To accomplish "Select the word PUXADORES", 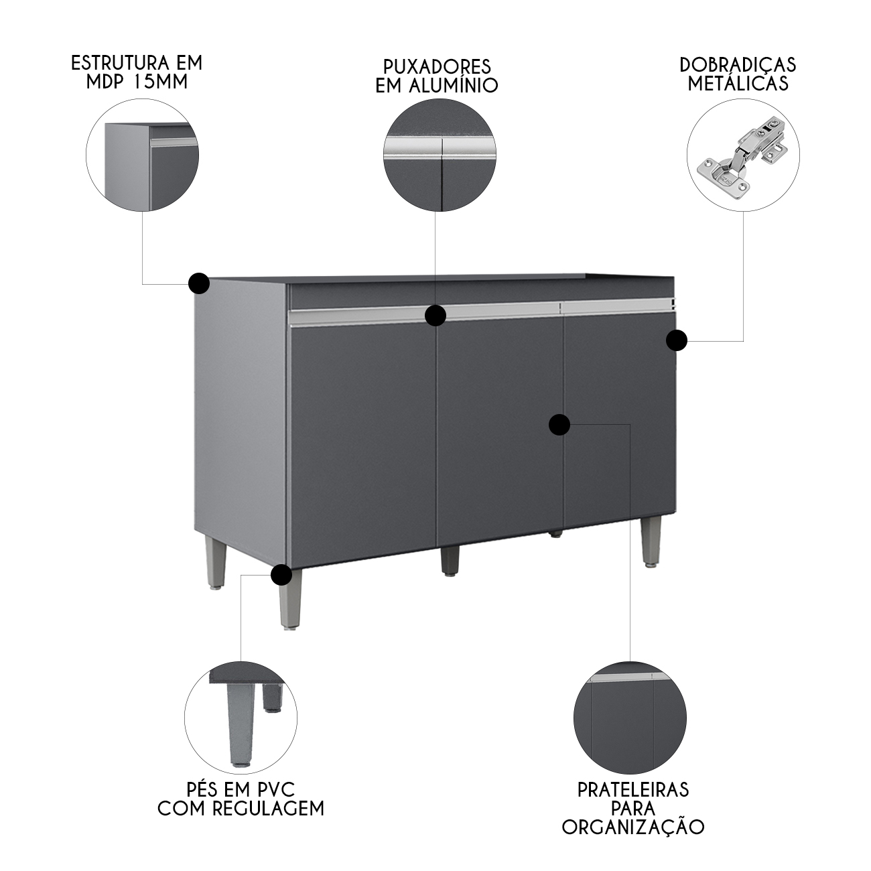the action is pos(437,66).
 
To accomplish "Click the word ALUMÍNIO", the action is pos(454,85).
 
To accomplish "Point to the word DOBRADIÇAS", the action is pos(738,64).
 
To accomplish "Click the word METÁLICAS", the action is pos(738,84).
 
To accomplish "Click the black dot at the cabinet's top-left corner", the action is pos(199,283).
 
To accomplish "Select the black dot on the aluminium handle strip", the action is pos(435,315).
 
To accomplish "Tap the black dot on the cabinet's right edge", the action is pos(676,340).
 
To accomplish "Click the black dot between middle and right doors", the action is pos(559,425).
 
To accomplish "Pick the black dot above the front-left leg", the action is pos(281,575).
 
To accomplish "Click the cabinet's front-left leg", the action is pos(289,600).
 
